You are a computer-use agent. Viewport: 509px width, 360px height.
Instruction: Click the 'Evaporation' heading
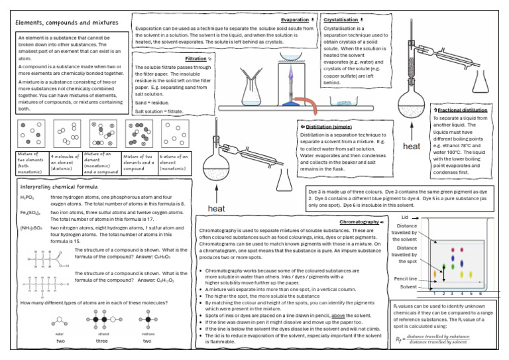(294, 20)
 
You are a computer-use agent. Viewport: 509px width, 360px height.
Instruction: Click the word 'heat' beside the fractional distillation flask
(412, 146)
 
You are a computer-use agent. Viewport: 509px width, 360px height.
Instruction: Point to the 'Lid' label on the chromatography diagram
(404, 217)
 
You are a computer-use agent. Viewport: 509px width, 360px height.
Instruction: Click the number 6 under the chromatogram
(479, 293)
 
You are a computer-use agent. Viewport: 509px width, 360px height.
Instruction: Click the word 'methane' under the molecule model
(147, 335)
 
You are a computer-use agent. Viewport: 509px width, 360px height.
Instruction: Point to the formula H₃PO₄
(28, 198)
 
